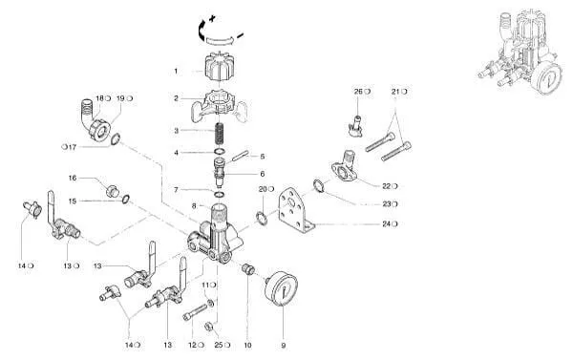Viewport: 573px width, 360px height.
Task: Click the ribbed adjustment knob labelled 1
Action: (x=220, y=68)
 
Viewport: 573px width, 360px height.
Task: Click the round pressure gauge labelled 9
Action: (x=281, y=288)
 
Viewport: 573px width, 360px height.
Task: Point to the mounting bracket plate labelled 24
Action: (x=296, y=211)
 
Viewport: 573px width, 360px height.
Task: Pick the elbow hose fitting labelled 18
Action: (x=94, y=120)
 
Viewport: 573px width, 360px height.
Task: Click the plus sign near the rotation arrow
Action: (x=212, y=18)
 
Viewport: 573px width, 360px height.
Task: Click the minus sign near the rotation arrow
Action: (x=240, y=35)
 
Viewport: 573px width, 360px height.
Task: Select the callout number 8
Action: (x=194, y=205)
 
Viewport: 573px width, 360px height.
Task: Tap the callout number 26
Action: (x=358, y=92)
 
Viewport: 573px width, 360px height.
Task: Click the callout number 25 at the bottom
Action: (x=219, y=345)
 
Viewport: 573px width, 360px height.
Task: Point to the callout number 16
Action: (x=73, y=178)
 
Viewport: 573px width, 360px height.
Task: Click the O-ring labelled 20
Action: (x=262, y=218)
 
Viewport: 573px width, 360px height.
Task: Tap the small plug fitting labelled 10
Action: (x=248, y=269)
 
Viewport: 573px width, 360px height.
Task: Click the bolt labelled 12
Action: (x=195, y=312)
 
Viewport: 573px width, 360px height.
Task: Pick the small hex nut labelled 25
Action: (x=208, y=327)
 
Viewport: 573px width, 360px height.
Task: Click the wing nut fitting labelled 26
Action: (x=355, y=126)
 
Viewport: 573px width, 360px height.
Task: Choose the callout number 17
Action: (x=73, y=147)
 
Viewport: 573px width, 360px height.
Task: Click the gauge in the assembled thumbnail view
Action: (x=546, y=78)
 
